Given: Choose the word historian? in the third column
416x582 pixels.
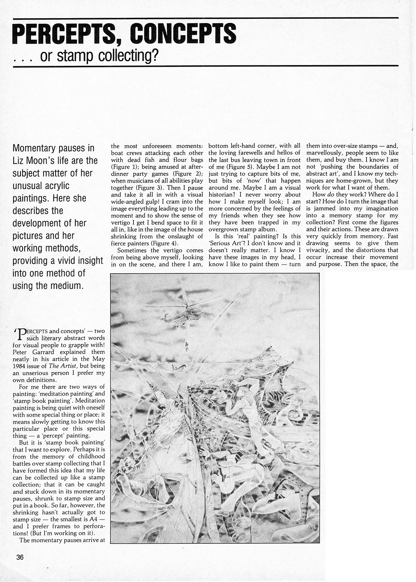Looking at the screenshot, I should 224,194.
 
